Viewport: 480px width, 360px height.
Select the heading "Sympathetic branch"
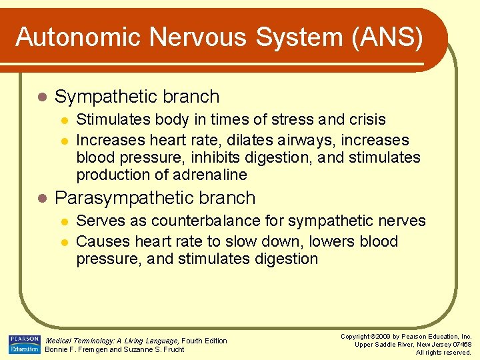pos(137,97)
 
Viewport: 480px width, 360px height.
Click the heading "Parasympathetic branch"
pos(155,198)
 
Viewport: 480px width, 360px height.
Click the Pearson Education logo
pos(24,344)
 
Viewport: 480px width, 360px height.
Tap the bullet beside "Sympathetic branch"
pos(42,97)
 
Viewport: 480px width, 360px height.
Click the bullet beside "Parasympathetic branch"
pos(42,199)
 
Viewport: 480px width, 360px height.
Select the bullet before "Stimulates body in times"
pos(64,121)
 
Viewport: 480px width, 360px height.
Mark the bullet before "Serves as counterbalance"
pos(64,221)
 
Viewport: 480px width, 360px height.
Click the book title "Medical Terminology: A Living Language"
pos(112,341)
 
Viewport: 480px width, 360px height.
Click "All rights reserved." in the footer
pos(443,352)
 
